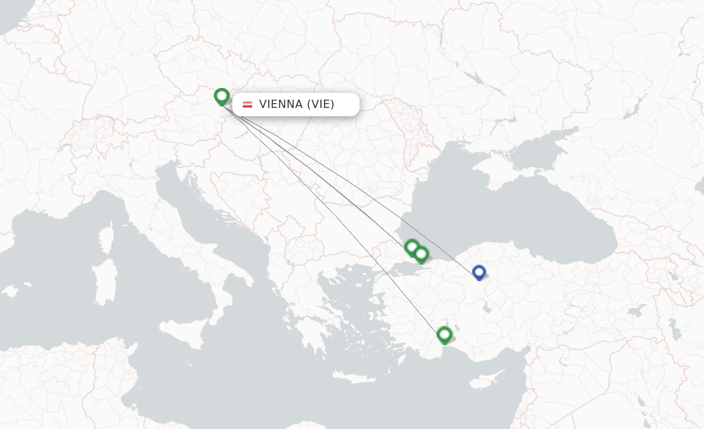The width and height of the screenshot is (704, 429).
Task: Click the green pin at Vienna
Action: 221,96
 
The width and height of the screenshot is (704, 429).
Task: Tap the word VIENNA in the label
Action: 280,104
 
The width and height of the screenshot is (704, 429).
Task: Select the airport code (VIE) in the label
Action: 320,104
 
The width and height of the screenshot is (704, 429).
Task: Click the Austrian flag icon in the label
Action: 247,104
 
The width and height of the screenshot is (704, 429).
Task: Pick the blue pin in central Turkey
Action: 479,272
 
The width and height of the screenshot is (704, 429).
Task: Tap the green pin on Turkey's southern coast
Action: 444,335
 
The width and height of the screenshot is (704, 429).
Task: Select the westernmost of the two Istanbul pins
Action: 411,247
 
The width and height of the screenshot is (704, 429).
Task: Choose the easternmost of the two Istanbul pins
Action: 421,254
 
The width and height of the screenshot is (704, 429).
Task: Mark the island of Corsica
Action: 107,237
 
